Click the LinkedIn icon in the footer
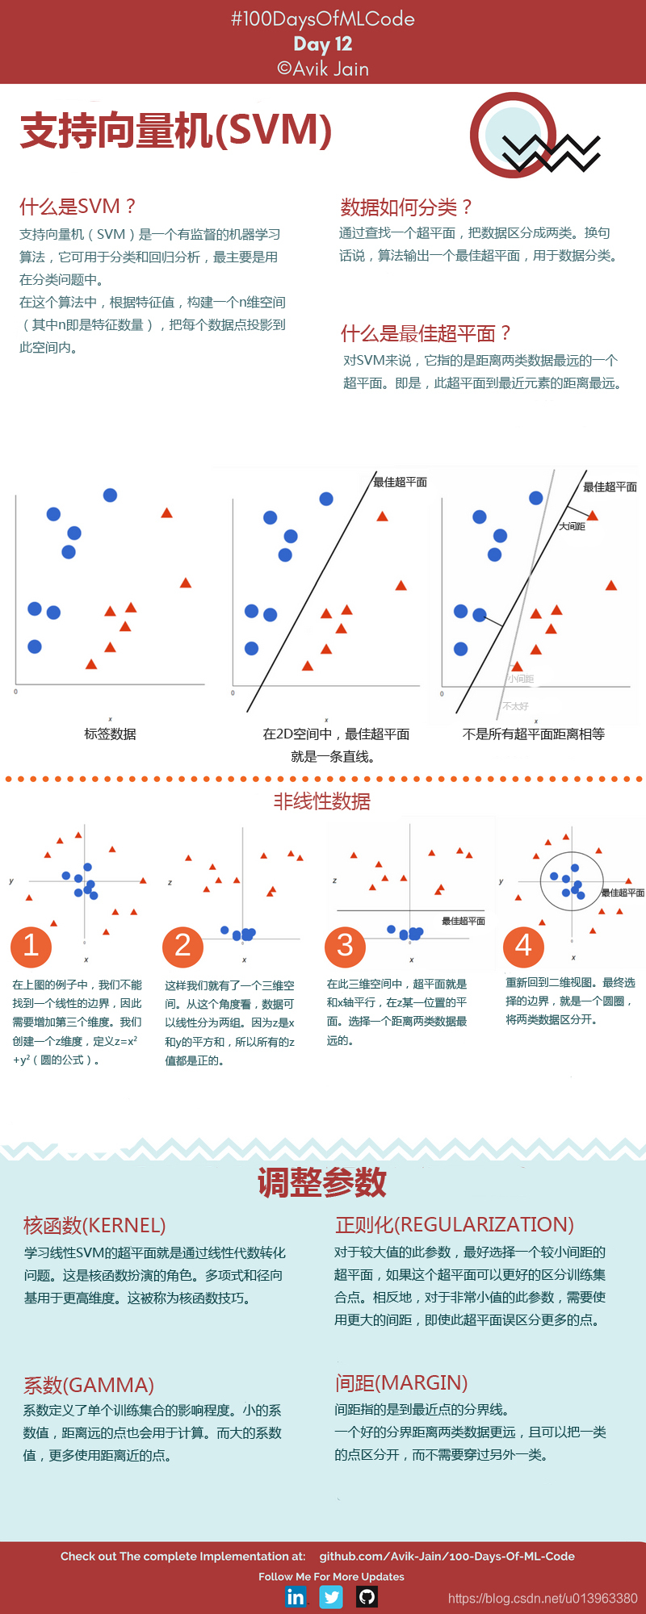point(296,1596)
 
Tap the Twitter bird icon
point(331,1596)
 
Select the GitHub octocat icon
point(367,1596)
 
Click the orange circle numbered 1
point(31,946)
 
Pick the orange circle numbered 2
point(182,946)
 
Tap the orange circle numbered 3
point(345,946)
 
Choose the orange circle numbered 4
point(523,946)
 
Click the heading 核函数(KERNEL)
point(94,1226)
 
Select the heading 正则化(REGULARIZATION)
point(454,1225)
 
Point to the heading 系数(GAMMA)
point(89,1386)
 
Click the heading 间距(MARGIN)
point(401,1383)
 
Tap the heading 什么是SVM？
point(78,207)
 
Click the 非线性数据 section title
point(321,801)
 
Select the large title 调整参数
point(322,1182)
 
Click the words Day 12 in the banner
point(323,44)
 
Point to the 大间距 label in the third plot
point(572,526)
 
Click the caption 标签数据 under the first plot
point(110,734)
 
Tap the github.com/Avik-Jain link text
point(447,1556)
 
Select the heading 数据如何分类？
point(406,207)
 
